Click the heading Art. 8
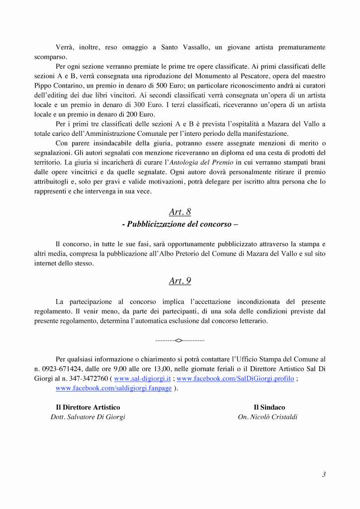180,212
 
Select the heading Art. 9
180,281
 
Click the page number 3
323,474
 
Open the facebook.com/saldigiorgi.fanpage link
114,388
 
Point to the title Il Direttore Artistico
88,407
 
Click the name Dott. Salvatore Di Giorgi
88,417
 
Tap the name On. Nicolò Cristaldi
268,417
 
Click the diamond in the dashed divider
179,340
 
